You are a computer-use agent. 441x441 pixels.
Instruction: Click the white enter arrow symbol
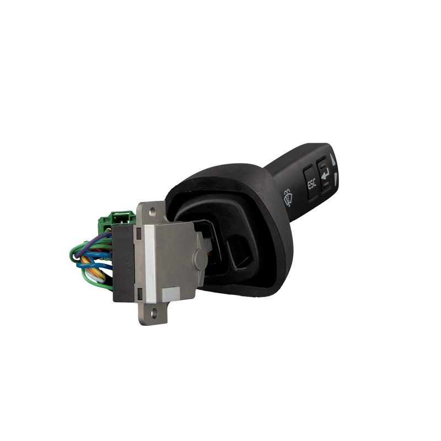[x=325, y=174]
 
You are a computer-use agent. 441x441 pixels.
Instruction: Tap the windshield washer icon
[x=288, y=198]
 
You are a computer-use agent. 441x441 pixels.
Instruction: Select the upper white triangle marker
[x=333, y=159]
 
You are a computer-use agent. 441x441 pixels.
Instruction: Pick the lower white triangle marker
[x=335, y=179]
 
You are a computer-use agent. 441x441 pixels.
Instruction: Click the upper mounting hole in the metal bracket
[x=152, y=211]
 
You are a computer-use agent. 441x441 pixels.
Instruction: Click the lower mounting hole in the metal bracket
[x=153, y=312]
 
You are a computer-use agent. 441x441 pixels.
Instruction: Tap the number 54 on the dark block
[x=128, y=266]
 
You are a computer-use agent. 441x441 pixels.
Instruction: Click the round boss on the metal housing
[x=200, y=258]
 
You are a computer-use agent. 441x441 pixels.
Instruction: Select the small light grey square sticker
[x=171, y=293]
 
